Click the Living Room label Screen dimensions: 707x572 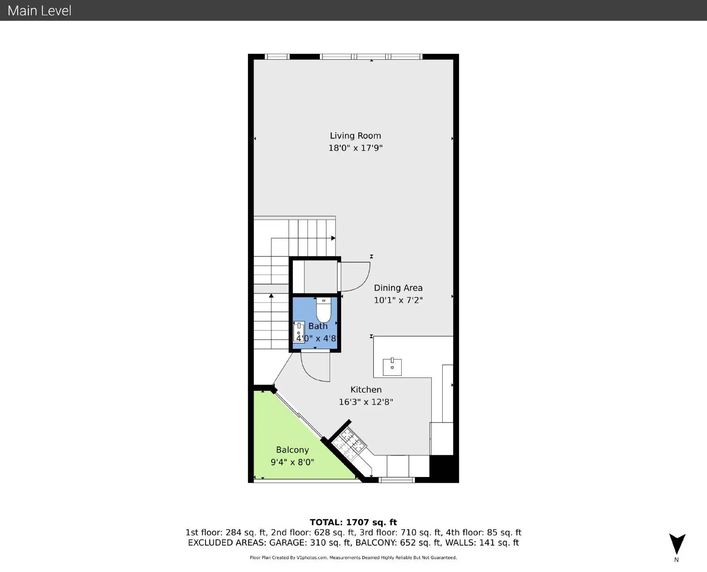355,136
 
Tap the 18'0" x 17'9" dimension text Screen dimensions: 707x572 355,148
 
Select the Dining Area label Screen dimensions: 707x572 398,288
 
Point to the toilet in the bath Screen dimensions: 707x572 323,309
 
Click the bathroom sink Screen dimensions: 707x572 299,332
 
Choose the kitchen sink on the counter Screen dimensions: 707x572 392,367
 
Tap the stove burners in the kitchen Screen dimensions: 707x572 349,444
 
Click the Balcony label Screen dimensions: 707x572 293,450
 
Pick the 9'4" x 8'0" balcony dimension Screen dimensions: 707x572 293,462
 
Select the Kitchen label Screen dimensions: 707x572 366,390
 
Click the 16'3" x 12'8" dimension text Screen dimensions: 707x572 366,402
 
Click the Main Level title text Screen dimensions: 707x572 39,11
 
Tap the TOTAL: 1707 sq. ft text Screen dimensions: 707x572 353,522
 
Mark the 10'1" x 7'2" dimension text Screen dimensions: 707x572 398,300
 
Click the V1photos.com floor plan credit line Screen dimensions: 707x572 353,558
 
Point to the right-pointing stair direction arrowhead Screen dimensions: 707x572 333,238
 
